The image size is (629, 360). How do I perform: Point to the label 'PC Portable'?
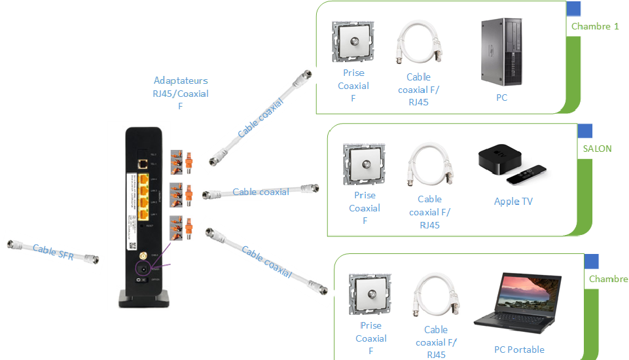coord(519,350)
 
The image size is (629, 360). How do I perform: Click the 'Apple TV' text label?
coord(513,202)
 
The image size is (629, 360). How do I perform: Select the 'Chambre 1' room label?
coord(595,27)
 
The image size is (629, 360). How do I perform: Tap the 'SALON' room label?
coord(597,149)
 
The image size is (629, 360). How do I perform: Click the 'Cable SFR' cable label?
coord(53,250)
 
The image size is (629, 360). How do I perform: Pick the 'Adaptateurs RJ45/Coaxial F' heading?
coord(181,93)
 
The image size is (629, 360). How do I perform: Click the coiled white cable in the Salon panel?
coord(429,166)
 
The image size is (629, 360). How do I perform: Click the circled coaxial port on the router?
coord(141,267)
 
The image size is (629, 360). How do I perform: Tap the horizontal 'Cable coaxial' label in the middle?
coord(261,192)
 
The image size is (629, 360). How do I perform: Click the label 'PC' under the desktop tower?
coord(501,98)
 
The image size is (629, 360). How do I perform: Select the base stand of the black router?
coord(143,300)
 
